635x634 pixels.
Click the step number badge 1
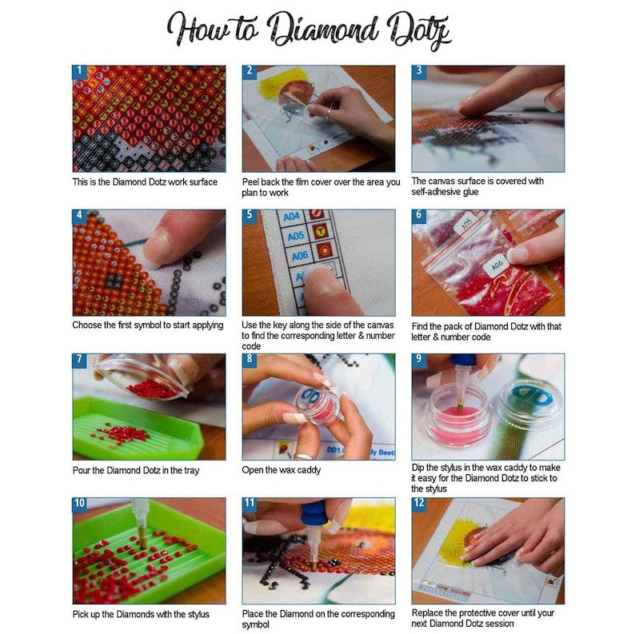[79, 72]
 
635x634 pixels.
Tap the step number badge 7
[79, 361]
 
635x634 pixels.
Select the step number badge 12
[419, 504]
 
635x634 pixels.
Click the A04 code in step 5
[292, 216]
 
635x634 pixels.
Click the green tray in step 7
[136, 432]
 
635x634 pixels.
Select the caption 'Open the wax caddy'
[282, 470]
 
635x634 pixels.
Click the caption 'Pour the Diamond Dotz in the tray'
[136, 470]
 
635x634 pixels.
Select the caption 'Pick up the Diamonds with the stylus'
[141, 614]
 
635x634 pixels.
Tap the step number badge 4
[79, 216]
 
